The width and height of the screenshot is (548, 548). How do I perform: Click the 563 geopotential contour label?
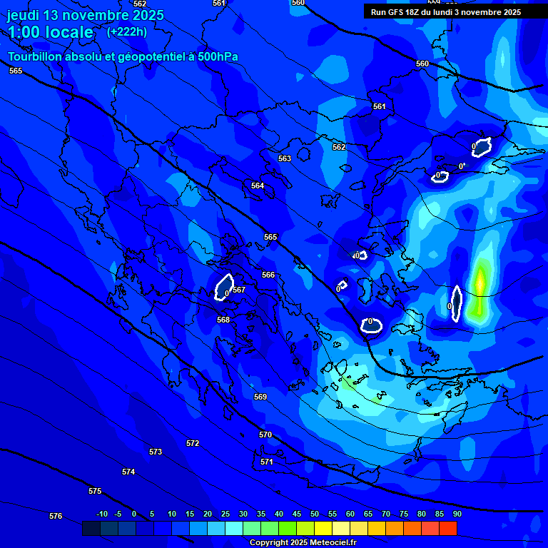pos(285,158)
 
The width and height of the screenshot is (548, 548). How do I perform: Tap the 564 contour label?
pos(258,186)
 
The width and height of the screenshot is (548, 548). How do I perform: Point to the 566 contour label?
pos(268,275)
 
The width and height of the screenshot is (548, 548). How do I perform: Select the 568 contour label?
pos(223,320)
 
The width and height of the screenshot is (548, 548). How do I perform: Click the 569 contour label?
pos(260,397)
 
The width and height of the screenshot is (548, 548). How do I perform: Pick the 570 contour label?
pos(265,435)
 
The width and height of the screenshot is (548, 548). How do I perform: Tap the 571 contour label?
pos(267,462)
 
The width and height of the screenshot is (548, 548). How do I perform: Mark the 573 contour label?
pos(156,452)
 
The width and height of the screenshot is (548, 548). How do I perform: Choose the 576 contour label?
pos(56,516)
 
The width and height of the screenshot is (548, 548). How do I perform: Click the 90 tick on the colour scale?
pos(457,514)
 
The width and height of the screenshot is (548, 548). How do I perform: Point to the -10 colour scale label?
pos(101,514)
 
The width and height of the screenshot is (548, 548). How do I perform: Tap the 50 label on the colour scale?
pos(315,514)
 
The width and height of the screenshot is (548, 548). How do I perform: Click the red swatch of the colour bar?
pos(447,528)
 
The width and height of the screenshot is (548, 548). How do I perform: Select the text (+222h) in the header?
pos(127,31)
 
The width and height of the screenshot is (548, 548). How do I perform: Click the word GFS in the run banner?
pos(397,12)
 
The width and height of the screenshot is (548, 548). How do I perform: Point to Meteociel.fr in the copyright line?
pos(333,543)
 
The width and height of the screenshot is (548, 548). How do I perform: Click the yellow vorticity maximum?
pos(480,280)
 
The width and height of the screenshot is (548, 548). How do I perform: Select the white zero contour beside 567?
pos(224,287)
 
